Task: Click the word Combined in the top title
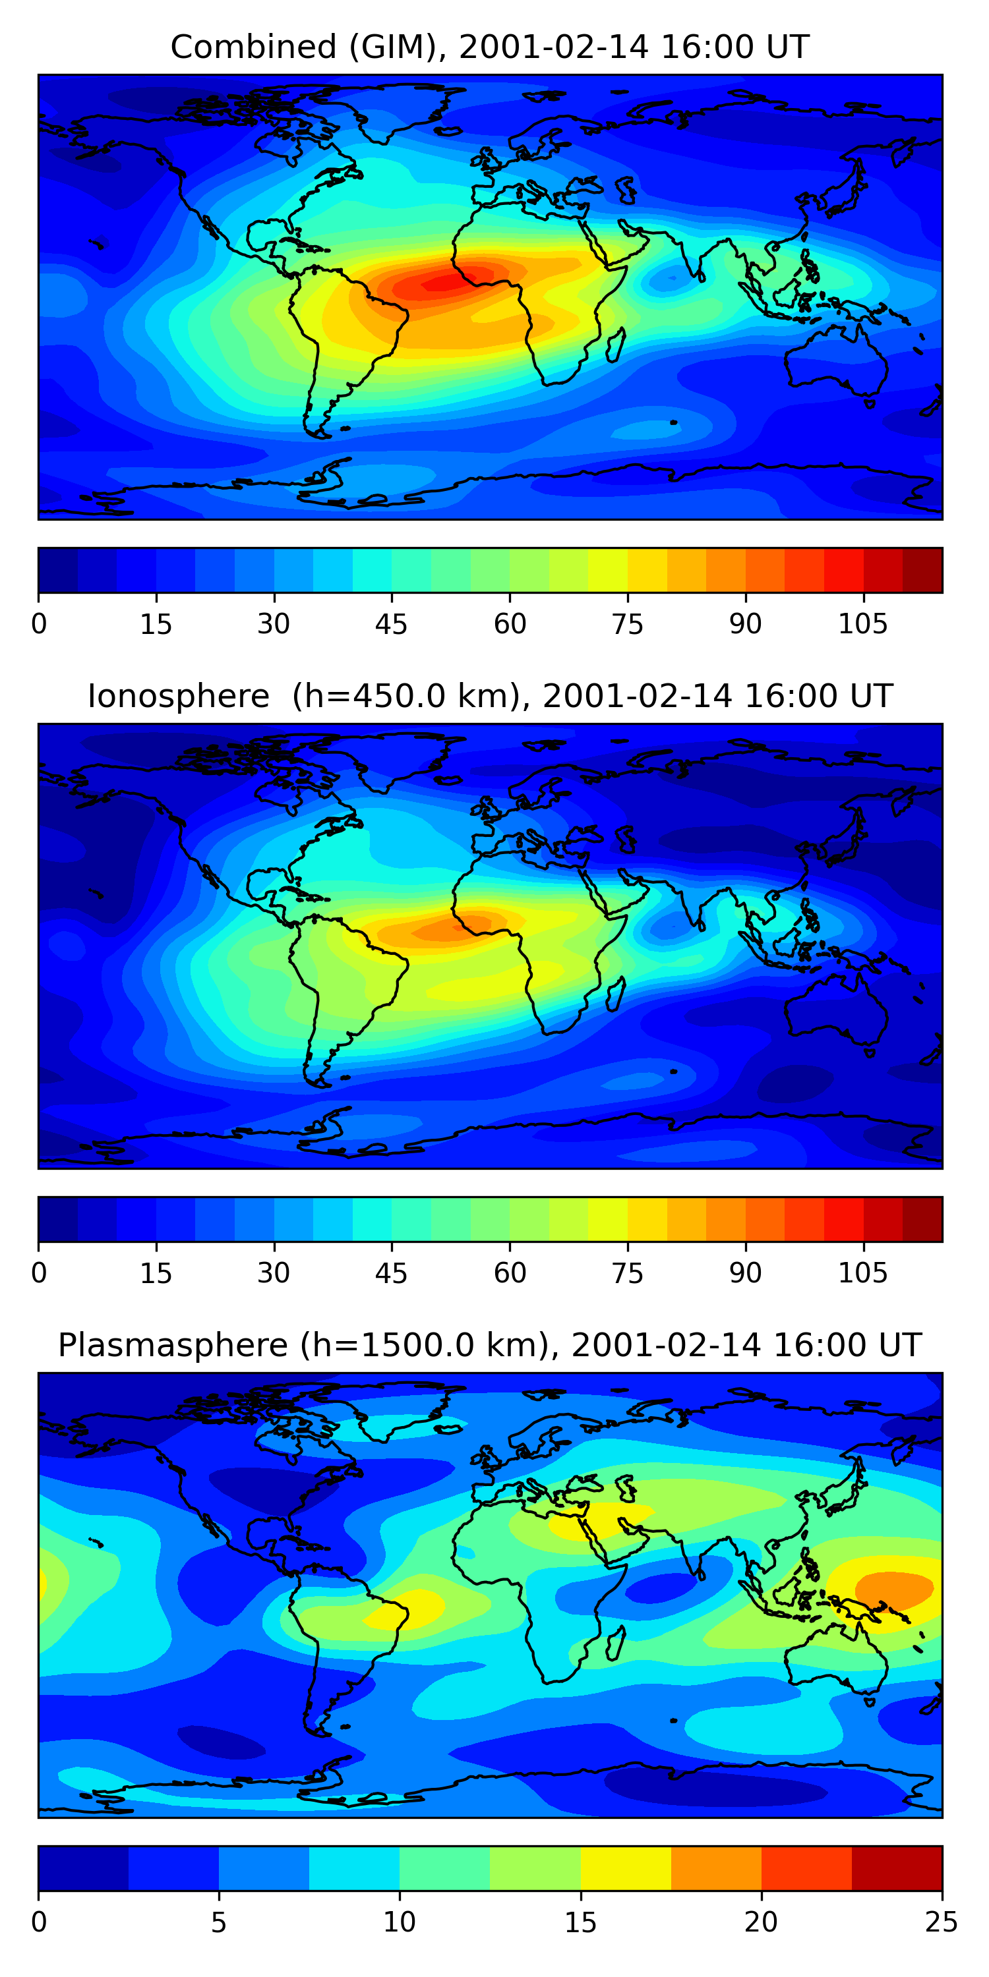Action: tap(253, 47)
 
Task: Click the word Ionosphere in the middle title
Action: tap(178, 696)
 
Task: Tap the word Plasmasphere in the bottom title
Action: tap(172, 1346)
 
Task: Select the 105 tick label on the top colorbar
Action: tap(862, 624)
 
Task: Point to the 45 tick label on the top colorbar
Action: tap(391, 624)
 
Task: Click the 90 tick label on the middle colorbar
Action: tap(745, 1273)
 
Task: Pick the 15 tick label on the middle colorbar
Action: tap(156, 1273)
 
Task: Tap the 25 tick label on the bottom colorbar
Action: tap(941, 1922)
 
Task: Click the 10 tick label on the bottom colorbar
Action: tap(400, 1922)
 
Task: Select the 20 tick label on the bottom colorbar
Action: tap(760, 1922)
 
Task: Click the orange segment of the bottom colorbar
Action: tap(715, 1868)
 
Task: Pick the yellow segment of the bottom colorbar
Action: tap(625, 1868)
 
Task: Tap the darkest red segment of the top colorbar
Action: tap(922, 570)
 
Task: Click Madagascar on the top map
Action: tap(614, 345)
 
